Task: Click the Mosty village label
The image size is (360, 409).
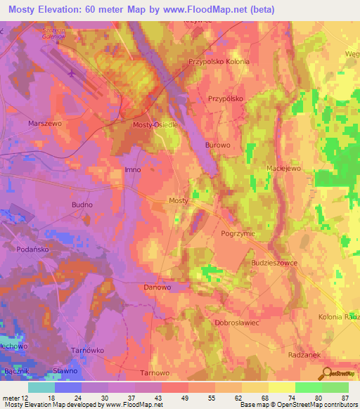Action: click(x=179, y=200)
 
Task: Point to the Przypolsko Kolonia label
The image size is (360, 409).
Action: click(x=219, y=62)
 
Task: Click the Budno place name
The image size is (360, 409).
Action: click(x=82, y=204)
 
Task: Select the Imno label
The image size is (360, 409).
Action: click(x=132, y=171)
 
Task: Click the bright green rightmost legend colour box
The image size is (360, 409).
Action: click(x=335, y=387)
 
